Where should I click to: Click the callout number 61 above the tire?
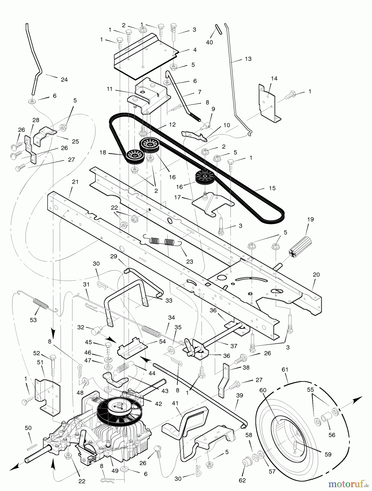point(285,370)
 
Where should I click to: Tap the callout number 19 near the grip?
point(310,219)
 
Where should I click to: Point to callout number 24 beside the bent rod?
point(64,80)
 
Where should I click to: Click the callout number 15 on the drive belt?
point(272,188)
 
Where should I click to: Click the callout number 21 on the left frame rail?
point(75,182)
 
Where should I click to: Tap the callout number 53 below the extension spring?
point(33,320)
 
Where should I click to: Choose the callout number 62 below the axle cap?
point(242,481)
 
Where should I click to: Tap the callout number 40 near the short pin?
point(209,42)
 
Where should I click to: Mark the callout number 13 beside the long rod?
point(248,59)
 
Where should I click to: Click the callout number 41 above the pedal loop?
point(175,403)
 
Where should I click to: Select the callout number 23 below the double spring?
point(190,262)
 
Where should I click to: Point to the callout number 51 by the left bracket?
point(40,362)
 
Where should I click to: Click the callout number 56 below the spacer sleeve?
point(332,435)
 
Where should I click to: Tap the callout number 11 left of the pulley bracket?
point(110,89)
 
